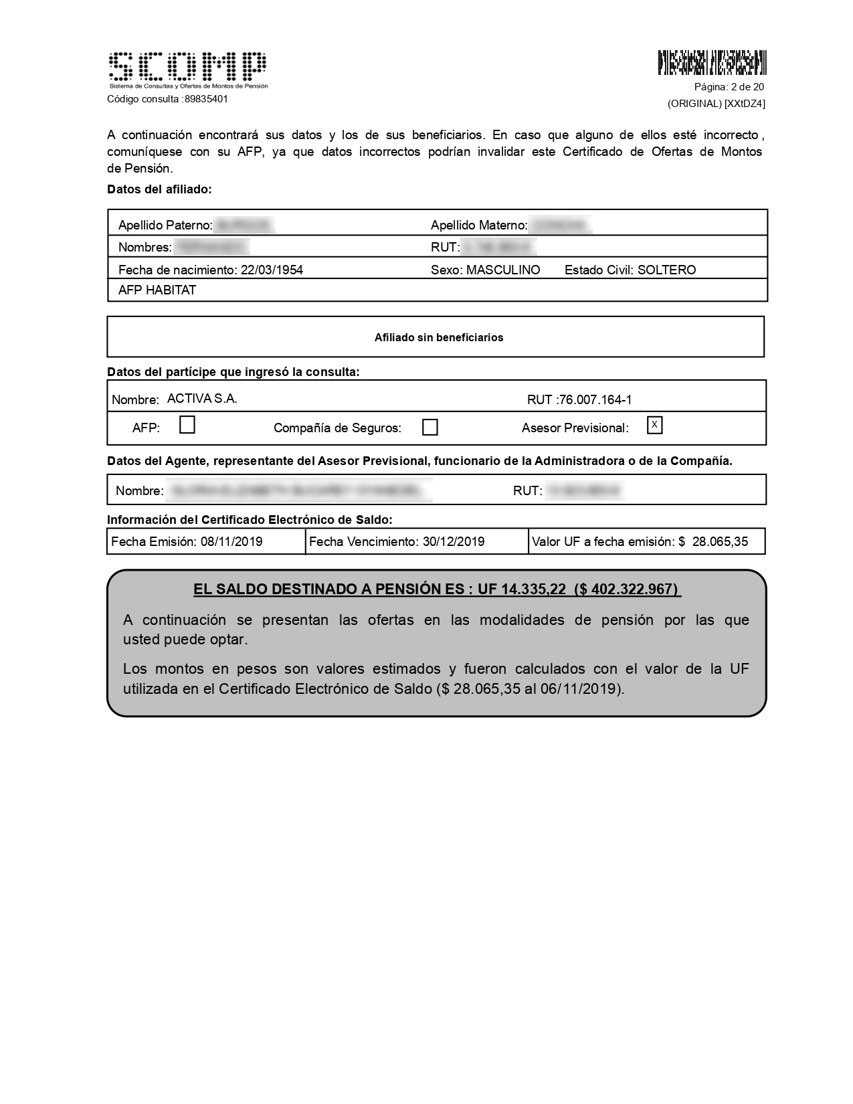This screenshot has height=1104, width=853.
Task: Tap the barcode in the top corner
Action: click(x=712, y=62)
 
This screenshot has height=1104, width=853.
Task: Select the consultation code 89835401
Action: click(x=206, y=99)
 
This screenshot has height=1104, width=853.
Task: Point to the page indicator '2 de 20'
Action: click(x=747, y=87)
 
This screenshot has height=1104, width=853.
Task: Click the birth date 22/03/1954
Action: click(x=272, y=270)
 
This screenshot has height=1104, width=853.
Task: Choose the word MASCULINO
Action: click(x=503, y=270)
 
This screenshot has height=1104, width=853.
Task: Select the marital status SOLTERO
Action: click(x=666, y=270)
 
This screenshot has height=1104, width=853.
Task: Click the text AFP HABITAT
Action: click(x=157, y=290)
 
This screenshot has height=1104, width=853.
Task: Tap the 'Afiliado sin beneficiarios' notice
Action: click(x=438, y=338)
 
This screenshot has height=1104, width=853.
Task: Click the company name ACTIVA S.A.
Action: click(x=202, y=399)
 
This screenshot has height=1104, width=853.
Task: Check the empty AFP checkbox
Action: click(x=187, y=426)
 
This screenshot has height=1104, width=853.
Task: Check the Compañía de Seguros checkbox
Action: click(x=430, y=428)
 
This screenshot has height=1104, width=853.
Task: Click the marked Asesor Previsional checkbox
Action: click(x=654, y=426)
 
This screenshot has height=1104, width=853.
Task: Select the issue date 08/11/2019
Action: click(x=231, y=542)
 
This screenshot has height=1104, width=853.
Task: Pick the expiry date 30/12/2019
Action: click(x=454, y=542)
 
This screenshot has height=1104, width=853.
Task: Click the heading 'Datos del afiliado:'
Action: click(x=159, y=189)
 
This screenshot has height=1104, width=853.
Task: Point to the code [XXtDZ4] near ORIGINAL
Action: click(x=745, y=104)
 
